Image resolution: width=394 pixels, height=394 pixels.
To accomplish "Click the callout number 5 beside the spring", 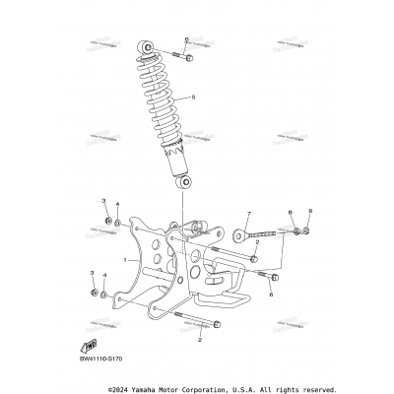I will pyautogui.click(x=194, y=98).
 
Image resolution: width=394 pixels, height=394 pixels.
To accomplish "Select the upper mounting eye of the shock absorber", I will pyautogui.click(x=145, y=48).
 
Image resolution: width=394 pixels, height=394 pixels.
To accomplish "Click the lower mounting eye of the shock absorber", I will pyautogui.click(x=183, y=183).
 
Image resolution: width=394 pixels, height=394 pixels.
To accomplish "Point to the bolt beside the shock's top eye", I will pyautogui.click(x=184, y=54).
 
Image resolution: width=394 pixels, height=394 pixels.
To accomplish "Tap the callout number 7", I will pyautogui.click(x=222, y=214).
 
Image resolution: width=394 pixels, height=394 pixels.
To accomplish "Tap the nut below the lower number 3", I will pyautogui.click(x=93, y=292).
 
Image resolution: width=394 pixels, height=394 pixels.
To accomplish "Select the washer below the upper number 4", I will pyautogui.click(x=118, y=224).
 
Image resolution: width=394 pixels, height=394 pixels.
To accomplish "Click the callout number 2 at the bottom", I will pyautogui.click(x=201, y=339).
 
